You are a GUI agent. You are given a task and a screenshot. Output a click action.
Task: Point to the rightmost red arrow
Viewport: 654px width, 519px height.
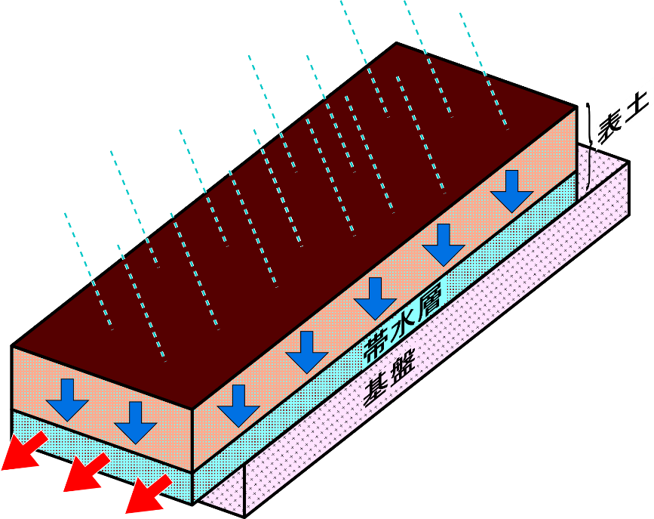[147, 493]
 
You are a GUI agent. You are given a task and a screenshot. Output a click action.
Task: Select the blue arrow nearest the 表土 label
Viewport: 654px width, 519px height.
[513, 190]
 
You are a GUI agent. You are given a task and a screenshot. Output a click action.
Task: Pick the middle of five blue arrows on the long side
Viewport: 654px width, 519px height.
[376, 298]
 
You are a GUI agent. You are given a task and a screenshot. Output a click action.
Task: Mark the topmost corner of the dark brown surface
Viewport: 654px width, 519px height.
[396, 44]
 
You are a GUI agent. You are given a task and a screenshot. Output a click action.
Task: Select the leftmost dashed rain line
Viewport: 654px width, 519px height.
[89, 271]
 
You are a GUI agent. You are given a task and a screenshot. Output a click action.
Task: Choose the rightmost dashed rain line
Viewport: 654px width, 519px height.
[484, 69]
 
